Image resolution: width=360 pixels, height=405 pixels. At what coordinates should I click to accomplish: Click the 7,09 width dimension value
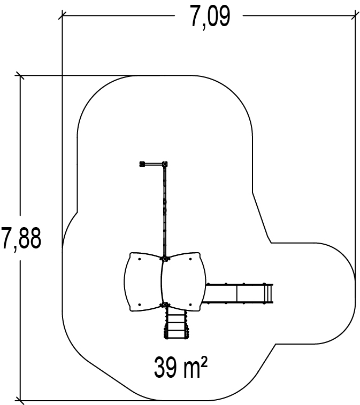[x=210, y=17]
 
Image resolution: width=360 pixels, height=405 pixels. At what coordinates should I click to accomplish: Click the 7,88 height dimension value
[x=21, y=238]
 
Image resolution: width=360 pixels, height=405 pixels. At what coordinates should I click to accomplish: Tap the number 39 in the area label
[x=165, y=367]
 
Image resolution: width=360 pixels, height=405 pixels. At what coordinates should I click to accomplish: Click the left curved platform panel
[x=143, y=282]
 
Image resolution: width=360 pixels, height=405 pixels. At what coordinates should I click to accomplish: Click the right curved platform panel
[x=183, y=282]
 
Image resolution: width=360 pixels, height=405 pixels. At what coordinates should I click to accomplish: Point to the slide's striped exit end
[x=268, y=293]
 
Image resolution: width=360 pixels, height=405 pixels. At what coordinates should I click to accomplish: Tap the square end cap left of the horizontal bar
[x=142, y=164]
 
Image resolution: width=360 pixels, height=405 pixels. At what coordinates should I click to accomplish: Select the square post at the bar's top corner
[x=165, y=164]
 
